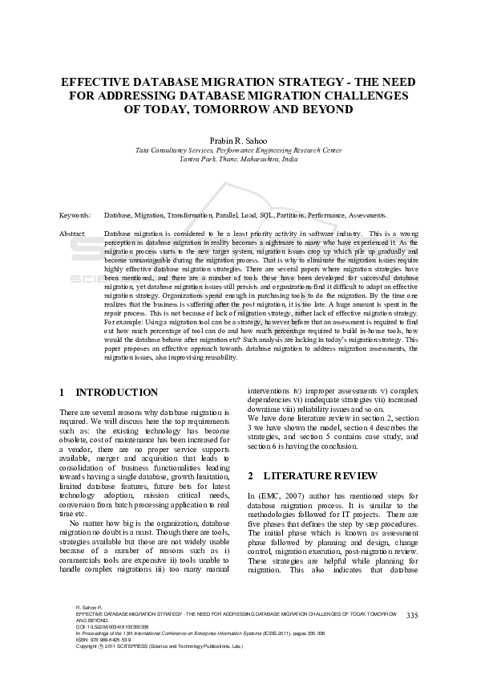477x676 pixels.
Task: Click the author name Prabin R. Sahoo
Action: [238, 140]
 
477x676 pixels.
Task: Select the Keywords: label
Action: [75, 216]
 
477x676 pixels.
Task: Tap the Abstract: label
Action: [73, 233]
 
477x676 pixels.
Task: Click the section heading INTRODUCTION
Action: [116, 393]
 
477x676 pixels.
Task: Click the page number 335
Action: [412, 615]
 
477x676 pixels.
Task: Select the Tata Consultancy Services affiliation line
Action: [238, 150]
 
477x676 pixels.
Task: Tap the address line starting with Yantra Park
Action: [238, 159]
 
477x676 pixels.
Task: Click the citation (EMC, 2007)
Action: [281, 495]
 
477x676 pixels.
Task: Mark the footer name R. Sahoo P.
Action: [88, 609]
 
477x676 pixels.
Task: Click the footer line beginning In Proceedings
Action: [200, 633]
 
